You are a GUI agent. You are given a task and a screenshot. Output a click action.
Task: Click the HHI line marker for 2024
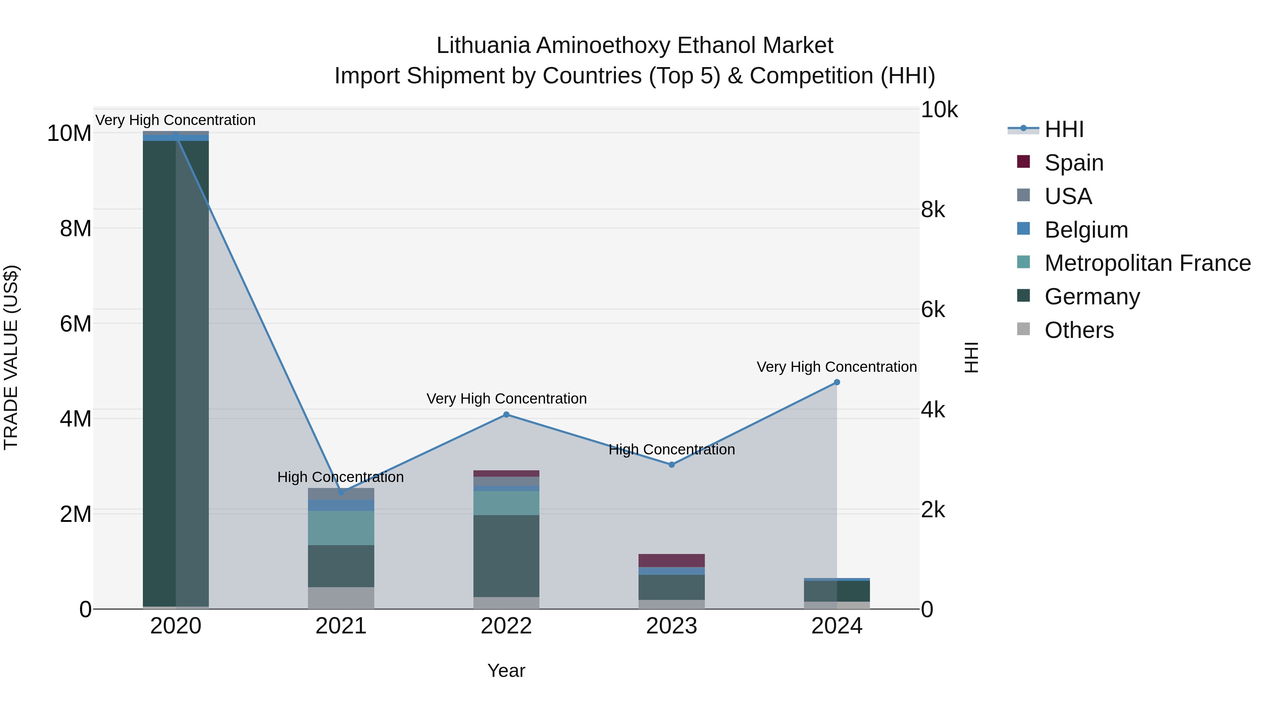click(837, 382)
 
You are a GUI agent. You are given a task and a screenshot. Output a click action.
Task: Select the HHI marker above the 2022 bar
click(506, 415)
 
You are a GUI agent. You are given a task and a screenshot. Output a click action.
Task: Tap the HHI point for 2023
click(671, 465)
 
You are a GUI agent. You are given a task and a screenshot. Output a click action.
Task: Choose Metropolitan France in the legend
click(1147, 263)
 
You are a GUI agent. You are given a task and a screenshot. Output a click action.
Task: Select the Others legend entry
click(1079, 330)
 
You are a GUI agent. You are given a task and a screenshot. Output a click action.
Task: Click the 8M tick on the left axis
click(75, 228)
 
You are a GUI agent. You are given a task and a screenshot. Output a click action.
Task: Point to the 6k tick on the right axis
click(933, 310)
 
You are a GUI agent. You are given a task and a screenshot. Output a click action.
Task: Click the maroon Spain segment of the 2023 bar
click(671, 561)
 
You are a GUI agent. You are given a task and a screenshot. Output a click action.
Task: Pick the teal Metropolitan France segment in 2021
click(341, 528)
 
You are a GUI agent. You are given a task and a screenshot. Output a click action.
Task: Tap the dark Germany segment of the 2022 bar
click(506, 556)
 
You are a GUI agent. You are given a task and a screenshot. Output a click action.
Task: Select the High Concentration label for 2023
click(671, 449)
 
